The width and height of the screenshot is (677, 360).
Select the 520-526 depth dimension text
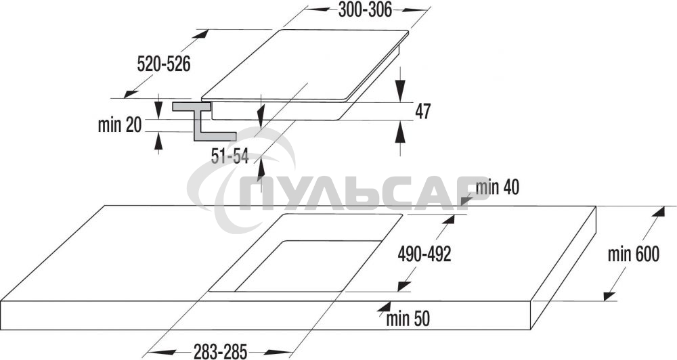[164, 64]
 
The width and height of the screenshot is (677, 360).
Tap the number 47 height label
[423, 112]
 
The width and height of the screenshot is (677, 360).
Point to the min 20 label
[120, 125]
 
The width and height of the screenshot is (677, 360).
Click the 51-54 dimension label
[230, 157]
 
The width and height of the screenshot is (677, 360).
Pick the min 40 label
[498, 187]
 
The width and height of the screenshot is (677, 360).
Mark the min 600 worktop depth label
[633, 255]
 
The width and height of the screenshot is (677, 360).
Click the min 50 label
[408, 317]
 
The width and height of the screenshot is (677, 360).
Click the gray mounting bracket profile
[201, 122]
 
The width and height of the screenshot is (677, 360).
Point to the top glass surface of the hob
[305, 64]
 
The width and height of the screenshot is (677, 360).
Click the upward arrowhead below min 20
[158, 140]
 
